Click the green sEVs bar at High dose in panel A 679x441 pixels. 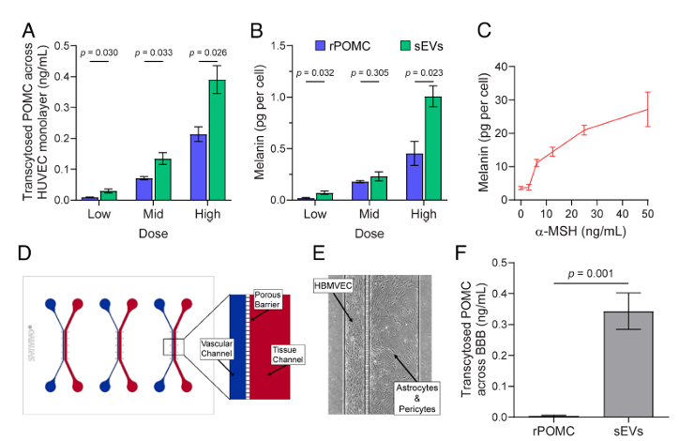coord(217,140)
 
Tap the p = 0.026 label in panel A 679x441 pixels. coord(207,51)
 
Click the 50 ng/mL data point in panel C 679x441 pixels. coord(647,110)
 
